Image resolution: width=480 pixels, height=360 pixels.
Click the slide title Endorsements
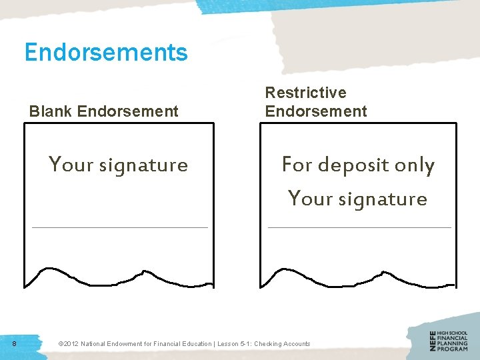pyautogui.click(x=106, y=51)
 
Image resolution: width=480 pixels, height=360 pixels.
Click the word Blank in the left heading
pyautogui.click(x=51, y=111)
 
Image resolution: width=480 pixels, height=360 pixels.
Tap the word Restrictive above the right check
pyautogui.click(x=306, y=93)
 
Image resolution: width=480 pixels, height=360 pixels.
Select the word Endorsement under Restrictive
pyautogui.click(x=316, y=111)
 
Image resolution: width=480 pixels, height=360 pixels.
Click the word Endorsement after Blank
pyautogui.click(x=128, y=111)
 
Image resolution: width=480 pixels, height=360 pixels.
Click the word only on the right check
pyautogui.click(x=415, y=165)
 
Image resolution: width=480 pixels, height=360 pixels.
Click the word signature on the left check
pyautogui.click(x=143, y=165)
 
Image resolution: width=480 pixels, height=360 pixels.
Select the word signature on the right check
pyautogui.click(x=382, y=199)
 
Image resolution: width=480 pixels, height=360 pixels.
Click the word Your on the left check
pyautogui.click(x=71, y=164)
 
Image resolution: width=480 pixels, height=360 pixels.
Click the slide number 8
pyautogui.click(x=15, y=343)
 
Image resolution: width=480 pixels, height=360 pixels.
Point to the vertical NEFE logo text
pyautogui.click(x=434, y=341)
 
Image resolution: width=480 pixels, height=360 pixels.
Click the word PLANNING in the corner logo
pyautogui.click(x=453, y=343)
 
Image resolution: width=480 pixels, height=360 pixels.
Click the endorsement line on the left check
pyautogui.click(x=120, y=227)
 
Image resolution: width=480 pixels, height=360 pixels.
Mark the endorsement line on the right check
pyautogui.click(x=359, y=227)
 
